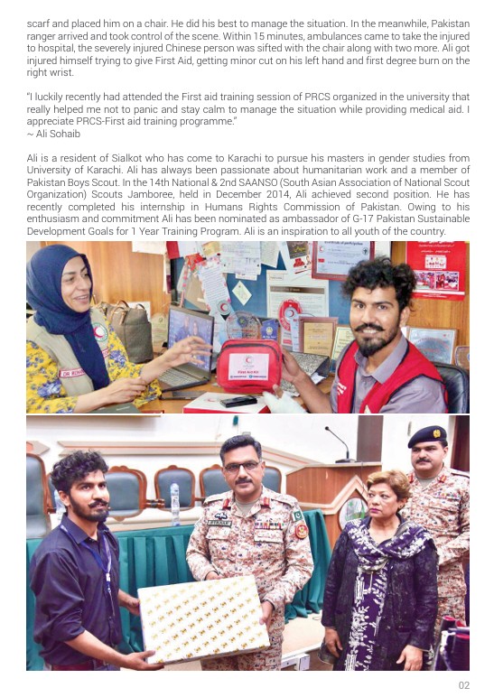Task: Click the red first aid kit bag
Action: (x=249, y=366)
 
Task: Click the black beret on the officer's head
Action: (x=426, y=437)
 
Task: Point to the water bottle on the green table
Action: (x=174, y=504)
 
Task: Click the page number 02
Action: (x=463, y=685)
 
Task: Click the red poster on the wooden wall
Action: (x=436, y=268)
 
